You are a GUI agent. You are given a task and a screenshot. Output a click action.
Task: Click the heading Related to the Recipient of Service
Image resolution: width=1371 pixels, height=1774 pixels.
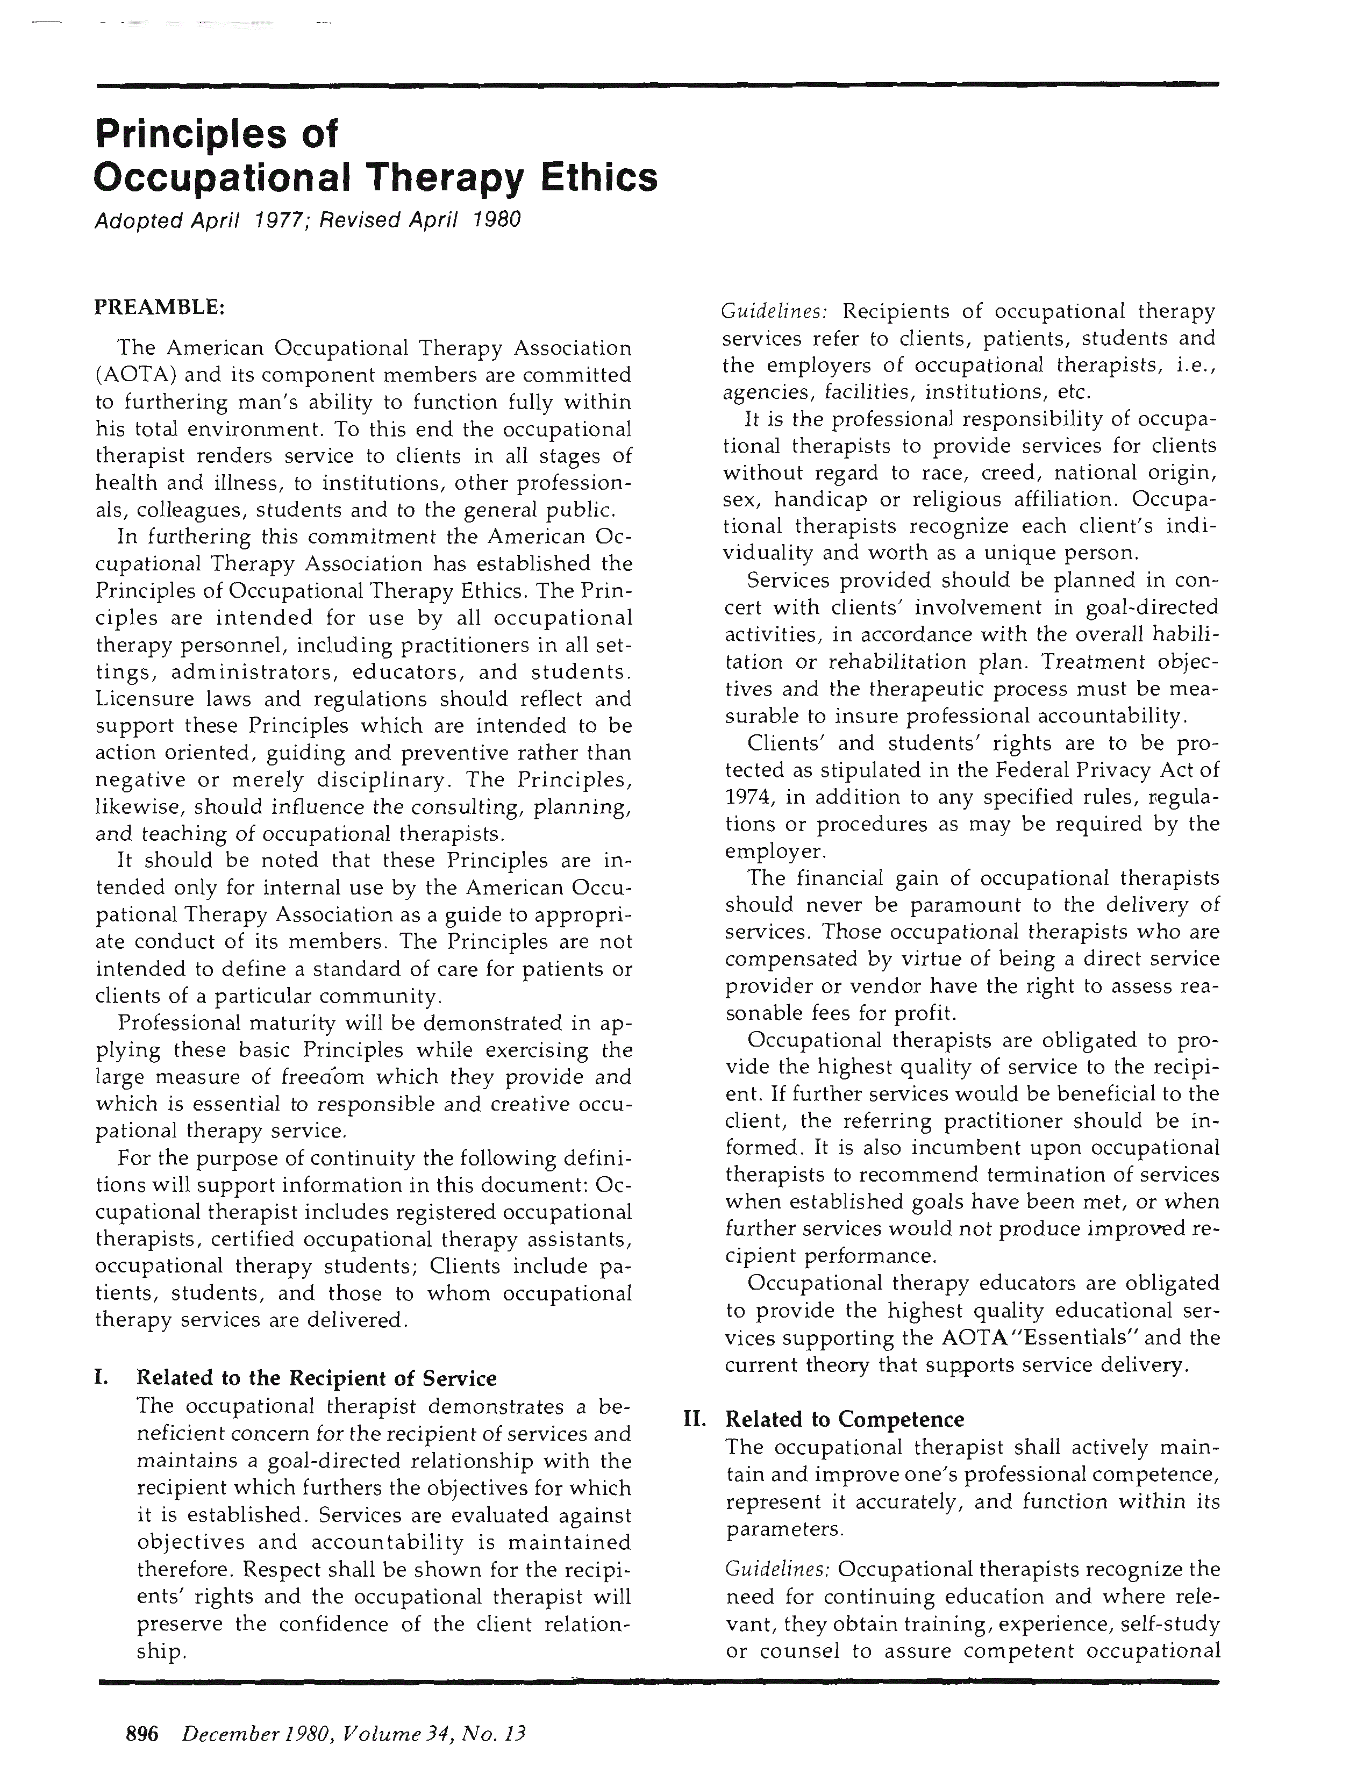(x=316, y=1378)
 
